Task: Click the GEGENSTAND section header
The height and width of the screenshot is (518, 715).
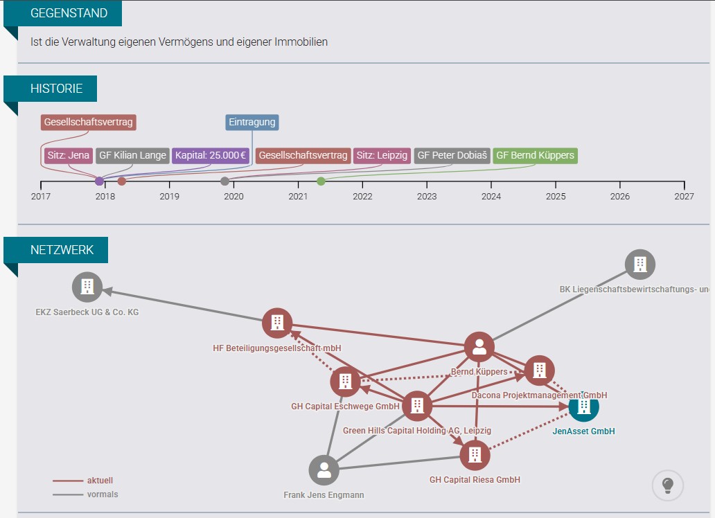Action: click(x=69, y=12)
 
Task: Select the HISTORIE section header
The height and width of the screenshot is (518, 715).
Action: click(x=57, y=89)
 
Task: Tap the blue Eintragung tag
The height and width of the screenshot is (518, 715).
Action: click(x=252, y=122)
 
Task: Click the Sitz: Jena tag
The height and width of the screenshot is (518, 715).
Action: click(x=69, y=156)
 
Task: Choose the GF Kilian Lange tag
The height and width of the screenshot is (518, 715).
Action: click(x=133, y=156)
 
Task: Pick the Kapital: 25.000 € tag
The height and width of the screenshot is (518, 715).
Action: click(x=211, y=156)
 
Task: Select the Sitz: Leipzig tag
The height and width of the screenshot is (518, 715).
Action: click(x=382, y=156)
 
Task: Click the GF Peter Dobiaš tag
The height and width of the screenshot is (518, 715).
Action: click(x=452, y=156)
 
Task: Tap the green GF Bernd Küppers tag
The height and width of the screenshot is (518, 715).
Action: click(x=536, y=156)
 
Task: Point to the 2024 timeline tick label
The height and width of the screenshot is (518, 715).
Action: click(x=491, y=197)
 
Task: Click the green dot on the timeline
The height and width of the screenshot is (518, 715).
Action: click(x=321, y=181)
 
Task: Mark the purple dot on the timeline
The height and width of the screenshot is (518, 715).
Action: click(x=99, y=181)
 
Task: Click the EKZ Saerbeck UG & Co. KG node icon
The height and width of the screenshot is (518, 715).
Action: click(x=87, y=287)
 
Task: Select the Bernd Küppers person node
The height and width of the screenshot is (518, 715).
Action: click(x=479, y=347)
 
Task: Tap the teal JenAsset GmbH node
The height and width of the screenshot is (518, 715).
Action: click(x=583, y=407)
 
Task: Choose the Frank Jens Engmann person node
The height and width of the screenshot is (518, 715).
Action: click(x=324, y=470)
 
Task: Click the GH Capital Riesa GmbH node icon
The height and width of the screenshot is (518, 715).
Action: click(x=475, y=454)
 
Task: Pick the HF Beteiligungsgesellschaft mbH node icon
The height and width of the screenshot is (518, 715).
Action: click(x=277, y=323)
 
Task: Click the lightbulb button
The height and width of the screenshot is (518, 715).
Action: click(x=668, y=485)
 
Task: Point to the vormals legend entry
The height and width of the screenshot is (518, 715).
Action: click(x=85, y=494)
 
